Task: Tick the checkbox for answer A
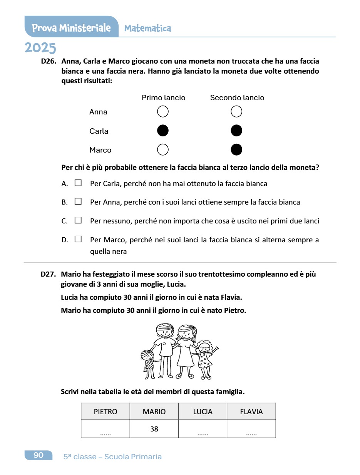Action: (x=78, y=183)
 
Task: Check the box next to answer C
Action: (x=78, y=220)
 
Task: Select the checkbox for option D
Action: (x=78, y=239)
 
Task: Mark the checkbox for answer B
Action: (x=78, y=201)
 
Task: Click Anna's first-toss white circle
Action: (x=163, y=112)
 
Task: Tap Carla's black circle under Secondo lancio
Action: (x=236, y=131)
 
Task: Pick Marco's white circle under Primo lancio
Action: (x=163, y=149)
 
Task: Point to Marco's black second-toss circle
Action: (x=236, y=149)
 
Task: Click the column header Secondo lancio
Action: (x=237, y=98)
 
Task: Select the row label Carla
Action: (x=99, y=131)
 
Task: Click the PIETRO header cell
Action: (x=105, y=411)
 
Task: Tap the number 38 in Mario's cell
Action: (x=154, y=429)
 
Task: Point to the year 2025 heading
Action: (x=40, y=48)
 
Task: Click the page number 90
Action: (x=39, y=455)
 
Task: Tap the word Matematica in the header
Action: (x=148, y=28)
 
